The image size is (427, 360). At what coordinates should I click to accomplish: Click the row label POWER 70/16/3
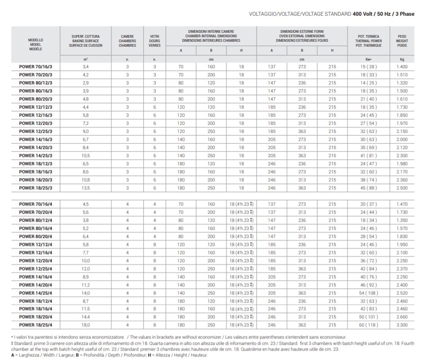35,66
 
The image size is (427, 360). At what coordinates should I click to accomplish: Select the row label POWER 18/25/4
35,325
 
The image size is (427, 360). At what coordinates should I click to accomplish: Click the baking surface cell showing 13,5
86,188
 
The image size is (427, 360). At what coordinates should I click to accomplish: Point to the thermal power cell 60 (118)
369,325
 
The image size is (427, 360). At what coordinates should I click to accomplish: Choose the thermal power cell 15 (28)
369,66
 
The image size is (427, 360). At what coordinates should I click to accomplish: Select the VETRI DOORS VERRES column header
154,41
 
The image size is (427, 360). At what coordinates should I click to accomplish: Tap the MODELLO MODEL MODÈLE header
35,44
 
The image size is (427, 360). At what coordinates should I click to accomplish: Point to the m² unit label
86,59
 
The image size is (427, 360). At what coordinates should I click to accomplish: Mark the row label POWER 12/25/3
35,132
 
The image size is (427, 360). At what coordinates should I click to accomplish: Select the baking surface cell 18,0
86,325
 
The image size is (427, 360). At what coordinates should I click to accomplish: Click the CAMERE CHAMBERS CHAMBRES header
127,41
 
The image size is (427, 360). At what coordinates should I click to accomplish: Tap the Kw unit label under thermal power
369,59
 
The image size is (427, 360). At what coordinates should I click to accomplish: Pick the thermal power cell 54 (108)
369,293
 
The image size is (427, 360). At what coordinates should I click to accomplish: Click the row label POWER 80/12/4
35,220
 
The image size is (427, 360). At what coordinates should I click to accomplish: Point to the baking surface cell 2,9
86,83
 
